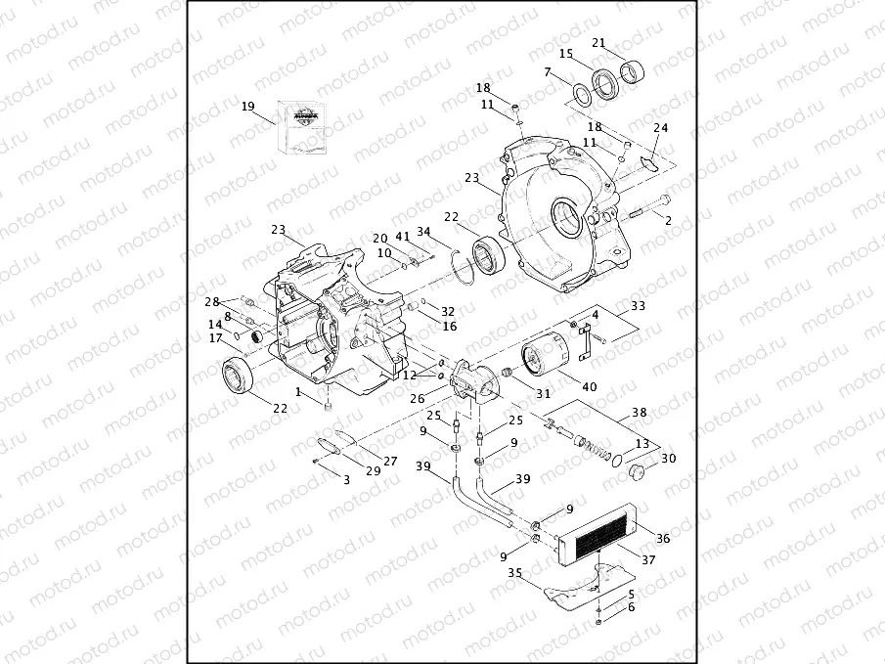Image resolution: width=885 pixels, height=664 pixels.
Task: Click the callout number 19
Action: point(247,106)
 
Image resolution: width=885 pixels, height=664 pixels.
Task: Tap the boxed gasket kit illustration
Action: point(303,126)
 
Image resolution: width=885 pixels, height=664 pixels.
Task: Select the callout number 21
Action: point(599,42)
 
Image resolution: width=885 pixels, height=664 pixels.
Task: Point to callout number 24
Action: point(661,128)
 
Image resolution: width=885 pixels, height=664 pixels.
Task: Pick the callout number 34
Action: point(423,232)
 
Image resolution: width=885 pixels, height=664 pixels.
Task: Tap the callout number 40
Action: point(589,387)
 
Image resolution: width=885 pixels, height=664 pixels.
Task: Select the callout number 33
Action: point(639,306)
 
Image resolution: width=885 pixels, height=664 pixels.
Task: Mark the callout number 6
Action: point(631,607)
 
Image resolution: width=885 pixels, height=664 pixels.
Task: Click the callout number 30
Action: point(669,459)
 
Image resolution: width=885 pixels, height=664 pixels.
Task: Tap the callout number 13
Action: point(642,443)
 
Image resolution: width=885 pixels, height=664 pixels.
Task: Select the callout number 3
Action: point(346,480)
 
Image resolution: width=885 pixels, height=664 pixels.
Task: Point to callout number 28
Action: point(212,301)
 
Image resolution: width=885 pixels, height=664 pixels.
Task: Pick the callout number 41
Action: point(403,238)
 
